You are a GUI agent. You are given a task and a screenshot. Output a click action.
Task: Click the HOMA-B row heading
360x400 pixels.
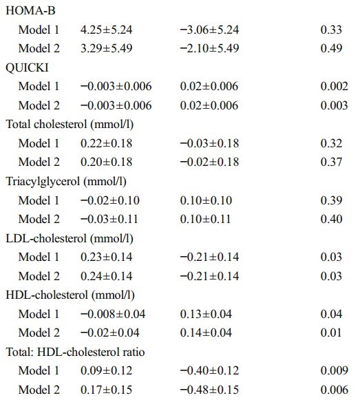pos(30,11)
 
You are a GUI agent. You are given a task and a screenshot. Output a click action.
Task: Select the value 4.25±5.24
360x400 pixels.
pos(107,30)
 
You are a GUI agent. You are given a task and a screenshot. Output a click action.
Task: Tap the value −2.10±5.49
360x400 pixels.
pos(209,48)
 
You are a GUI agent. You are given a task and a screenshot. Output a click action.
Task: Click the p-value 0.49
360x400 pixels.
pos(331,48)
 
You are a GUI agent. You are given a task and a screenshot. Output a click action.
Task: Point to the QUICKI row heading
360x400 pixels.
pos(27,68)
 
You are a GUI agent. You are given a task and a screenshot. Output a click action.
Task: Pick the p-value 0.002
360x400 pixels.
pos(335,86)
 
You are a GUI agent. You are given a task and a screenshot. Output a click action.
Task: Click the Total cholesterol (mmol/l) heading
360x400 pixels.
pos(70,125)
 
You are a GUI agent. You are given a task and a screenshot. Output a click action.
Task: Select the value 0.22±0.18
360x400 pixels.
pos(107,143)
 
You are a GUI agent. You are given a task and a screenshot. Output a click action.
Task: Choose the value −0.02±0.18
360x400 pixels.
pos(209,162)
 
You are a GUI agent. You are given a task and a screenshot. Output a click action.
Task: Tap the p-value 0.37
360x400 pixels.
pos(331,162)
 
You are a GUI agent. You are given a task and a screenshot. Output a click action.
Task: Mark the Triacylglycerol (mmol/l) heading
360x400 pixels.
pos(66,182)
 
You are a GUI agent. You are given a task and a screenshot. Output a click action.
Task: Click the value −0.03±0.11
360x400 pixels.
pos(109,220)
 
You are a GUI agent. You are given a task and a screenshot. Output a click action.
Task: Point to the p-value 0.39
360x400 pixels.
pos(331,200)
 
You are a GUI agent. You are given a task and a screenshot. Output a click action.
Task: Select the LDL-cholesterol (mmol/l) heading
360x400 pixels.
pos(70,239)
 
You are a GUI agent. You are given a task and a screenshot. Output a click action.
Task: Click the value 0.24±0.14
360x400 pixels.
pos(107,276)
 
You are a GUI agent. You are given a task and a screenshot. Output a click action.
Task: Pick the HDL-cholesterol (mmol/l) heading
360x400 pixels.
pos(70,295)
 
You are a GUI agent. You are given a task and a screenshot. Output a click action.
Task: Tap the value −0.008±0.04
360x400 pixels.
pos(113,314)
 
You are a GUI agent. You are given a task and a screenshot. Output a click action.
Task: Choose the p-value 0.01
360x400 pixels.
pos(331,333)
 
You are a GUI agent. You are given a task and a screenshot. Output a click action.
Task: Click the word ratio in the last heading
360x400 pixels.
pos(134,352)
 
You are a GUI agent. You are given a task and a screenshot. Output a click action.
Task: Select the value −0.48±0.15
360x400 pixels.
pos(209,390)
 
